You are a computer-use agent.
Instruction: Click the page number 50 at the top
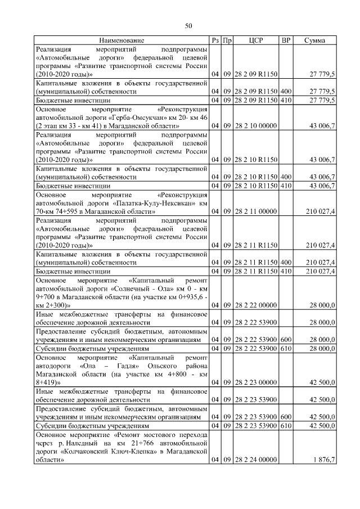pyautogui.click(x=188, y=25)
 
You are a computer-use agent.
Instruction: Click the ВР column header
pyautogui.click(x=286, y=40)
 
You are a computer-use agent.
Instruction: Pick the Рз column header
pyautogui.click(x=215, y=40)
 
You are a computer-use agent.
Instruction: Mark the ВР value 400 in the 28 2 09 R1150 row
pyautogui.click(x=286, y=91)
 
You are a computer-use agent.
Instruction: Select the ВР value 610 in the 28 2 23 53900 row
pyautogui.click(x=286, y=426)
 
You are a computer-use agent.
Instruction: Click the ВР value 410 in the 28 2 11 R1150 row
pyautogui.click(x=286, y=271)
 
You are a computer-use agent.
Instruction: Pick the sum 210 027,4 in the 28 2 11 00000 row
pyautogui.click(x=321, y=211)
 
